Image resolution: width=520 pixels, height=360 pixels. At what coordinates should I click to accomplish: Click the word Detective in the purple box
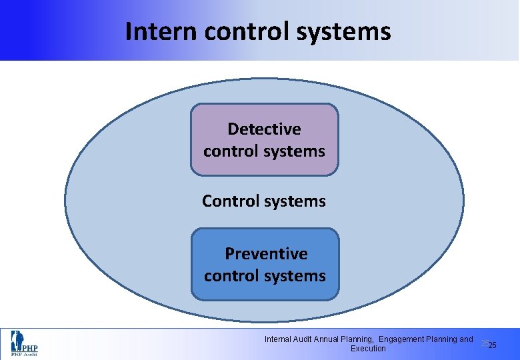click(x=264, y=129)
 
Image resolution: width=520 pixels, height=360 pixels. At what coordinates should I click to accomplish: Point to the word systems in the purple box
click(x=294, y=151)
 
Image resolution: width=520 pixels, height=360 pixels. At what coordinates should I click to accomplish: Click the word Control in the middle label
click(x=231, y=201)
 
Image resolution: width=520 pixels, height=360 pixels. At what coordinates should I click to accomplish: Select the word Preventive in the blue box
click(x=266, y=253)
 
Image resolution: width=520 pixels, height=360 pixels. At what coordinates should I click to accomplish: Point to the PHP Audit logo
click(x=23, y=343)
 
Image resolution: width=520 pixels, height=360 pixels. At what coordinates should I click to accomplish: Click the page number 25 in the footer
click(x=492, y=345)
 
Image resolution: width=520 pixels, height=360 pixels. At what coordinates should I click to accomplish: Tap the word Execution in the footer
click(x=368, y=349)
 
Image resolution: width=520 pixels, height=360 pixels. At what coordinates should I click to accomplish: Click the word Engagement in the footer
click(x=405, y=339)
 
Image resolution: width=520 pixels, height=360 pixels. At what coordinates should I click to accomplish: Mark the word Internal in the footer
click(x=279, y=339)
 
